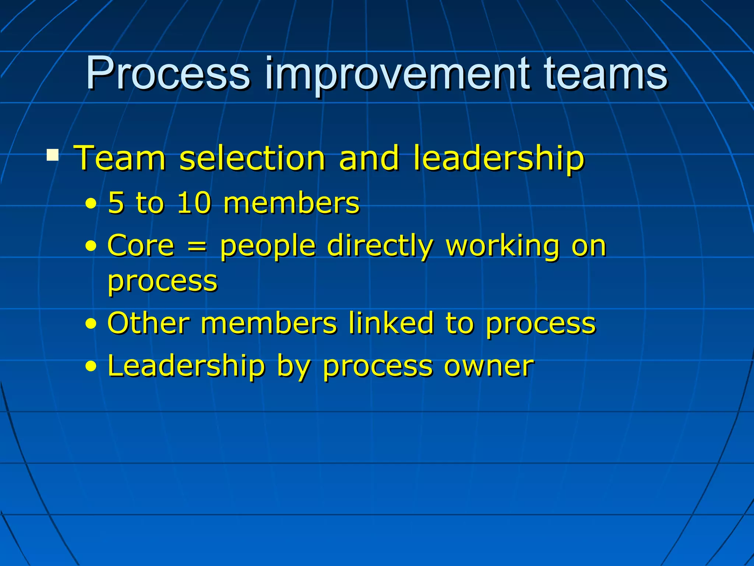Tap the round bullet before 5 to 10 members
[91, 204]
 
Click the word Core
[140, 245]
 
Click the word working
[503, 246]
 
